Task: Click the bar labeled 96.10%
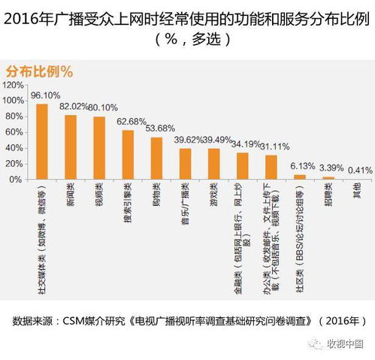point(42,141)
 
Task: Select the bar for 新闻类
point(71,147)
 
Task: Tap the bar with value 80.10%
point(98,148)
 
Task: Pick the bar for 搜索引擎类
point(128,155)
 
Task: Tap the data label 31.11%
point(274,146)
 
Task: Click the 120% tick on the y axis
point(13,85)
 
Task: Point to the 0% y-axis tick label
point(17,180)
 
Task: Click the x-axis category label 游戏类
point(213,194)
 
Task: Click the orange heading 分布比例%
point(39,71)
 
